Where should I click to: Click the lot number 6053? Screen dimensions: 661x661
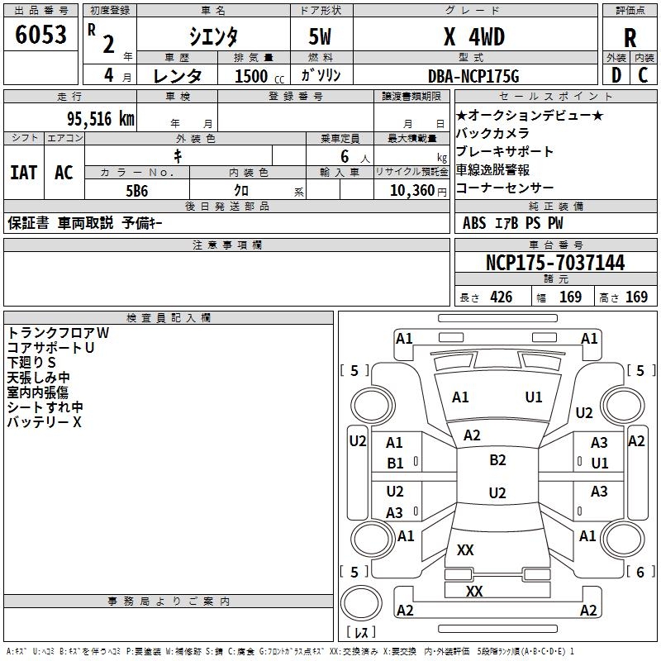click(41, 36)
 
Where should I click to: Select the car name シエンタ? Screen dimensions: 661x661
click(212, 37)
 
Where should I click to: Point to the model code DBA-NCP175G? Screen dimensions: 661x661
click(474, 76)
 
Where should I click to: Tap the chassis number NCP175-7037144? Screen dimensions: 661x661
click(555, 263)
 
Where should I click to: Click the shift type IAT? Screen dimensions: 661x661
click(24, 173)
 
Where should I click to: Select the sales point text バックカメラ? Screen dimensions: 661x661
click(492, 133)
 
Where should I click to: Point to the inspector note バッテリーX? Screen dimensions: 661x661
click(45, 422)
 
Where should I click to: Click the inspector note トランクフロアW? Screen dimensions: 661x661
click(58, 333)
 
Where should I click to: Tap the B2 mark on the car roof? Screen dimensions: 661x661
click(497, 460)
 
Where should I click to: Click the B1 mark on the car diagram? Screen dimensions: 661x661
click(395, 464)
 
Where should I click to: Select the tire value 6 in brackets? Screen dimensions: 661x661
click(640, 572)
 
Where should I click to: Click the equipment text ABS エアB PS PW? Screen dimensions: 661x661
click(513, 222)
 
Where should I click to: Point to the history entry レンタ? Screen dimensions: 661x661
click(178, 76)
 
